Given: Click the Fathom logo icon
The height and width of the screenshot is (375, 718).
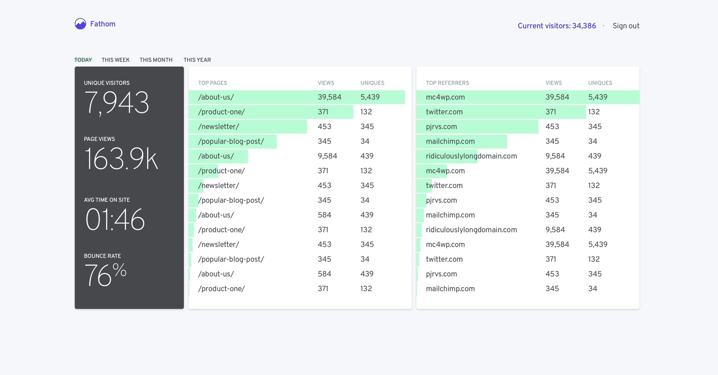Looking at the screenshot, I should coord(80,24).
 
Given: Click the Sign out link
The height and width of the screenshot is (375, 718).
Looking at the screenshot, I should coord(626,26).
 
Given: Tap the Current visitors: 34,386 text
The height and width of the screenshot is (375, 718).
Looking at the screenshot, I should coord(556,26).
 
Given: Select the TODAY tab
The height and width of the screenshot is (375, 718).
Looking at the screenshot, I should coord(83,60).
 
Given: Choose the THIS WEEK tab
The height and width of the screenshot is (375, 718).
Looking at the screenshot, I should coord(116,60).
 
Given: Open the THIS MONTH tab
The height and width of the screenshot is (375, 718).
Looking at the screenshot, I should coord(156,60).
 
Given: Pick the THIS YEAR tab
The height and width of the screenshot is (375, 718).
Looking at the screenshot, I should coord(197,60).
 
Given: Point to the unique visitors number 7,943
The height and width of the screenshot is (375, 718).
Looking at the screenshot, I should coord(117,103).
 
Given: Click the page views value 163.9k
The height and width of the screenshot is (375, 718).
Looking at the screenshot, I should coord(121,159).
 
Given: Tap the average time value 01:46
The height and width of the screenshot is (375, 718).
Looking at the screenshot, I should coord(115,219).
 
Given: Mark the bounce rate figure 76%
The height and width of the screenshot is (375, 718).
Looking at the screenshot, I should coord(105,275).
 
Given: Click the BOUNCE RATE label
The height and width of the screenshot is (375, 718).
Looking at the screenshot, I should coord(102,256).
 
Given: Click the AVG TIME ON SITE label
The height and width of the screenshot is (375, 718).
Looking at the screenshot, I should coord(107,200).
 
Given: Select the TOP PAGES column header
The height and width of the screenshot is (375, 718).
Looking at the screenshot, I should coord(212,83).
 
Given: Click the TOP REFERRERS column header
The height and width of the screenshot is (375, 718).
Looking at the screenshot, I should coord(447,83).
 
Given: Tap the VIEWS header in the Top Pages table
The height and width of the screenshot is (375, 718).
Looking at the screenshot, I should coord(326,83).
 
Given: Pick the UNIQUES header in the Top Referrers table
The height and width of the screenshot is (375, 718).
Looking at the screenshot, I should coord(600,83).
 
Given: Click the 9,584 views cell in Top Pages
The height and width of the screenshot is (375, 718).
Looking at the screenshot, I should coord(327,156).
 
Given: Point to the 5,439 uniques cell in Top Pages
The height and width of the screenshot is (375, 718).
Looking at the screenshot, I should coord(370,97).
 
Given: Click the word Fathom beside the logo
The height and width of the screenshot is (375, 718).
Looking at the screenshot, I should coord(103,24).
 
